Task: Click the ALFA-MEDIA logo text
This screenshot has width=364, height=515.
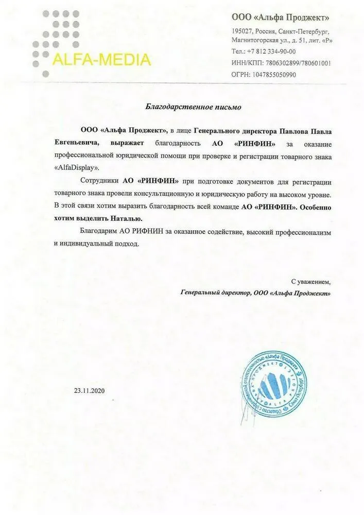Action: click(x=101, y=60)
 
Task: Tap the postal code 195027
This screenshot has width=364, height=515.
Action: click(x=242, y=32)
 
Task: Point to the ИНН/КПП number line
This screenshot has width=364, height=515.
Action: click(x=281, y=63)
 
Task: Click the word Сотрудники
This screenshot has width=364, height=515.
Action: click(x=100, y=181)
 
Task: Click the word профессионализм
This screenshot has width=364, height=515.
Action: click(x=302, y=232)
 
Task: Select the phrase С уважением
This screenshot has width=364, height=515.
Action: click(x=311, y=282)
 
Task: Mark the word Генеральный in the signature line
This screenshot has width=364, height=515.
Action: click(x=199, y=293)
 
